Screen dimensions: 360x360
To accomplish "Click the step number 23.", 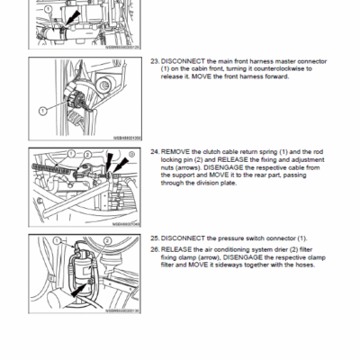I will [x=153, y=60].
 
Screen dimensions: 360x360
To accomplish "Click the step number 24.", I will [x=153, y=153].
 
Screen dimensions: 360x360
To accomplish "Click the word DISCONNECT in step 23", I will [x=179, y=60].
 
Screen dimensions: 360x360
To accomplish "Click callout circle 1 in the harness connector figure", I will [x=42, y=109].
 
